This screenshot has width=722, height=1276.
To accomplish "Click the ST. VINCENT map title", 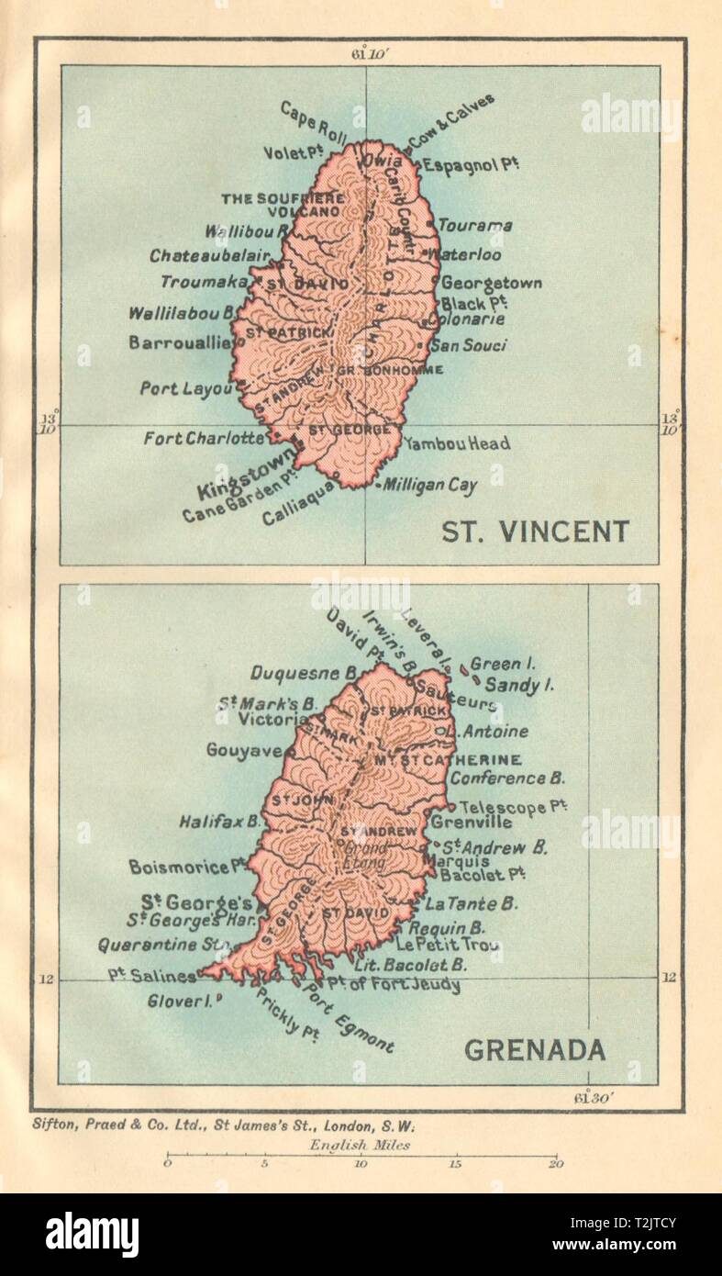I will click(536, 532).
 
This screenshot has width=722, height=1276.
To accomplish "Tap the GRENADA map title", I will click(535, 1050).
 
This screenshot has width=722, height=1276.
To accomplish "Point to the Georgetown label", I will click(492, 284).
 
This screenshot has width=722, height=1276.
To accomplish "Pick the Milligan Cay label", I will click(430, 486).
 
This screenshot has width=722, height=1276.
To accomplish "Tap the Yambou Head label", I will click(456, 443).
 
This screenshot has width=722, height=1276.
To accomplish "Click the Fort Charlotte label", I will click(204, 439).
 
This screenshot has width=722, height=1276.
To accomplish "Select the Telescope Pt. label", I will click(513, 807).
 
